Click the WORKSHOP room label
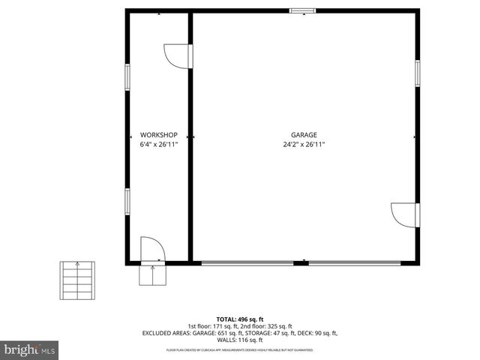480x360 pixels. click(158, 135)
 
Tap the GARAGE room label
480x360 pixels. click(304, 135)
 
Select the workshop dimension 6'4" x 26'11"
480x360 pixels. click(158, 145)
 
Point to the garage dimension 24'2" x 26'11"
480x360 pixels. click(304, 145)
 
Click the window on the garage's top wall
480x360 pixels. click(302, 11)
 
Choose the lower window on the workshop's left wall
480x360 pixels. click(127, 201)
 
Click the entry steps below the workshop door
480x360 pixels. click(151, 275)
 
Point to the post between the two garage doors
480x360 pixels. click(304, 262)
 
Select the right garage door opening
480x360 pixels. click(358, 262)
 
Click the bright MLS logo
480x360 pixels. click(30, 349)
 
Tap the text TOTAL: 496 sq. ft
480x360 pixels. click(239, 319)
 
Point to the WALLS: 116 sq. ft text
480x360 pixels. click(239, 340)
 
